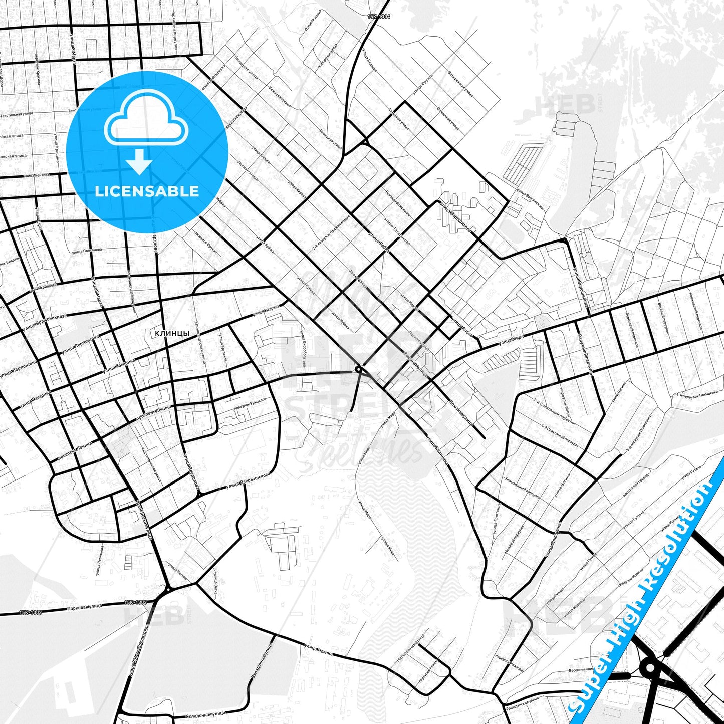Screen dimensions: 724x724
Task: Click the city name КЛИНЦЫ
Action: click(x=172, y=333)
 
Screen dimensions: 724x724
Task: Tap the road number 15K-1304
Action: click(x=379, y=17)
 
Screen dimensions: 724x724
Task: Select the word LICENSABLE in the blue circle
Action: click(x=147, y=191)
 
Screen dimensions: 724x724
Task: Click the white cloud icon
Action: click(x=146, y=118)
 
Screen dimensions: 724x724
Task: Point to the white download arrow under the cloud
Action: click(x=139, y=162)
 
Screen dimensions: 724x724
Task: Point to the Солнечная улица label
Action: click(x=447, y=118)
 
